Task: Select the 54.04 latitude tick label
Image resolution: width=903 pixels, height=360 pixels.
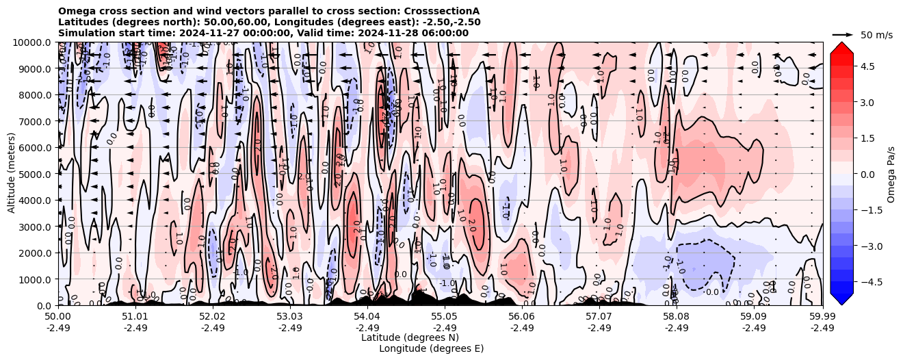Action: pos(367,317)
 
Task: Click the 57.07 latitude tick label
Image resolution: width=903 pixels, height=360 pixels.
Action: pos(599,317)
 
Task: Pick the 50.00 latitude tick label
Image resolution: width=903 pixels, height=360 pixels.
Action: pos(58,317)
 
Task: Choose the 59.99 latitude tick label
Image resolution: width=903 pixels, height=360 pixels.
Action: pos(822,317)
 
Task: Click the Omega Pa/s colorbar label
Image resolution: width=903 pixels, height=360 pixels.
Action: pos(891,174)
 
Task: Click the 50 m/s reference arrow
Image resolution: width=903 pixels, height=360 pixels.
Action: pos(843,34)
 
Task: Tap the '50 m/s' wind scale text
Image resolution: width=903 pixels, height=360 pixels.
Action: pos(876,35)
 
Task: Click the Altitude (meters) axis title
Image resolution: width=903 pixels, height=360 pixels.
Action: pos(12,174)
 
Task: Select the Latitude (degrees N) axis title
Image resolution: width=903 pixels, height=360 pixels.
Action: pos(410,337)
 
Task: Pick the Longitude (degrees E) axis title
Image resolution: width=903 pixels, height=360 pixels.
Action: pos(431,348)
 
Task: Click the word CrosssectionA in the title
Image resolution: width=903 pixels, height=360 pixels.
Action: pos(444,11)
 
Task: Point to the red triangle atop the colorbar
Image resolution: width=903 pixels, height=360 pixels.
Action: pos(841,47)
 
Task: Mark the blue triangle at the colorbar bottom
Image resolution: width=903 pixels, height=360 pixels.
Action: pos(841,299)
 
